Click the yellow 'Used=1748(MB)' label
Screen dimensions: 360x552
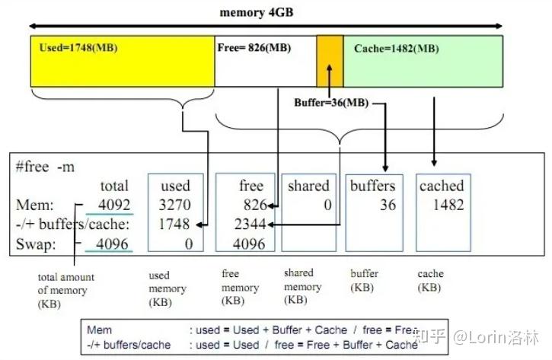(78, 48)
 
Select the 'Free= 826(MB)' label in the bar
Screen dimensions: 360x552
(254, 48)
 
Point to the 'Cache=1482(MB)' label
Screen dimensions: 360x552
(396, 49)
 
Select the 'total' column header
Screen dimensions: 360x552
(114, 186)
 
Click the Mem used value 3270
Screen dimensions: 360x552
(176, 205)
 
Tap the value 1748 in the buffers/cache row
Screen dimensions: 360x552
(176, 225)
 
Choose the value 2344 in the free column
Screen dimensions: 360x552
(250, 225)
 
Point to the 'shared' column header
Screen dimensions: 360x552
(308, 186)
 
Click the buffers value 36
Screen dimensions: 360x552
(388, 205)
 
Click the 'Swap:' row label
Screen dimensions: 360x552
(35, 244)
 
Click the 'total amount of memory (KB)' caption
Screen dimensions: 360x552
(66, 290)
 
